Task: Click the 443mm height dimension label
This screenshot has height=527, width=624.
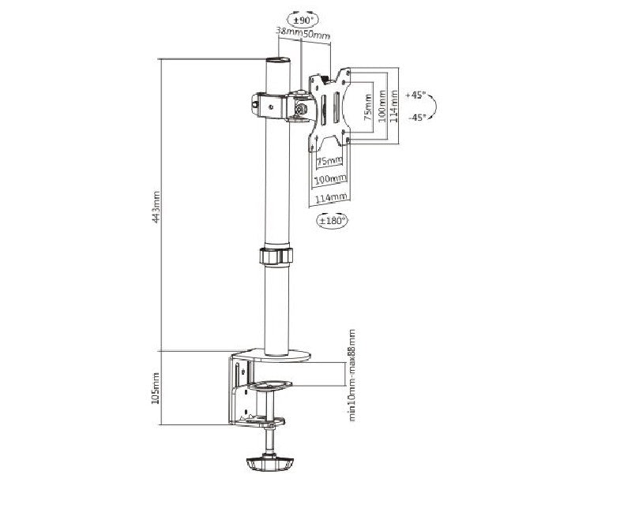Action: pyautogui.click(x=157, y=207)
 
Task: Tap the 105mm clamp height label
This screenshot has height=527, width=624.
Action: pyautogui.click(x=156, y=388)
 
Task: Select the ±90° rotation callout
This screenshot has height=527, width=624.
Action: pyautogui.click(x=303, y=20)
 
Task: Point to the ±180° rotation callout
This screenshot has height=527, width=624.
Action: pyautogui.click(x=332, y=221)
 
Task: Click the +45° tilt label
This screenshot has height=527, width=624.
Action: pyautogui.click(x=415, y=95)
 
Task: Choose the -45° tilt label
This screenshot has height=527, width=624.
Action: pyautogui.click(x=417, y=118)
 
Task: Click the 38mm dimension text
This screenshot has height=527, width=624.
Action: pyautogui.click(x=289, y=32)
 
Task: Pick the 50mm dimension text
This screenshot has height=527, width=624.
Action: pyautogui.click(x=317, y=35)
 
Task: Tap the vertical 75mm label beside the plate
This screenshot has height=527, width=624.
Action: pyautogui.click(x=368, y=107)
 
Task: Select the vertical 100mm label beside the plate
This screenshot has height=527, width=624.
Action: pyautogui.click(x=382, y=107)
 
